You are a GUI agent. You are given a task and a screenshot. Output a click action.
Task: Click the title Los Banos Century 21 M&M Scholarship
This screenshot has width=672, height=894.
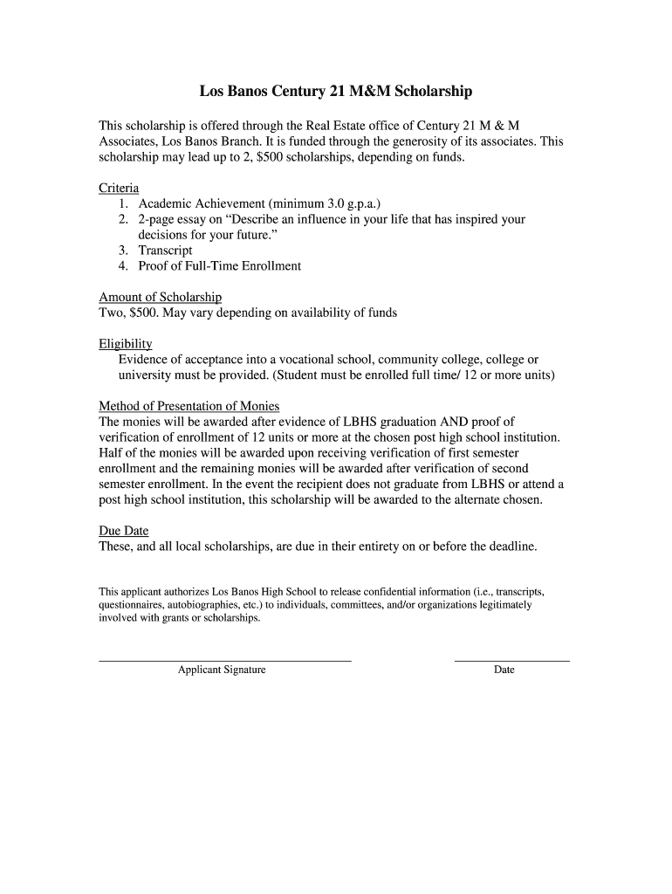click(336, 91)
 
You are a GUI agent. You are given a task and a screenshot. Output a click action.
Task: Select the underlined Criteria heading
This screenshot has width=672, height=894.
click(119, 189)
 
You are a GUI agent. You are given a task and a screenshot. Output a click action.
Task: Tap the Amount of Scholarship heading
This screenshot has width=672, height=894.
click(160, 297)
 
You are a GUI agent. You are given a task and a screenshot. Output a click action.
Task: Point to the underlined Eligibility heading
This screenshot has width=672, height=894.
click(125, 344)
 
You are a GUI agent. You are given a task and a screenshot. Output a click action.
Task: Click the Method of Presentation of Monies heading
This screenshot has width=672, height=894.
click(189, 406)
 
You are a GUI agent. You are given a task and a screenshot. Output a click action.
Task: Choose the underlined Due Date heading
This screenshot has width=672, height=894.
click(123, 531)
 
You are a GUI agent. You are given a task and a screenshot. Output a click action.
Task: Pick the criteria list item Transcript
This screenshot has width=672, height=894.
click(166, 251)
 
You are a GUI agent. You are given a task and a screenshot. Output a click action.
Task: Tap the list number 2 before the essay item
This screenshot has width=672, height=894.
click(125, 220)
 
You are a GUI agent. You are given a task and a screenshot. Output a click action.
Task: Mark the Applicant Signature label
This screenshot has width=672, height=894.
click(222, 670)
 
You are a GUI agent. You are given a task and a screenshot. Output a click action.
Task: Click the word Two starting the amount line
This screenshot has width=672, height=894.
click(111, 313)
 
